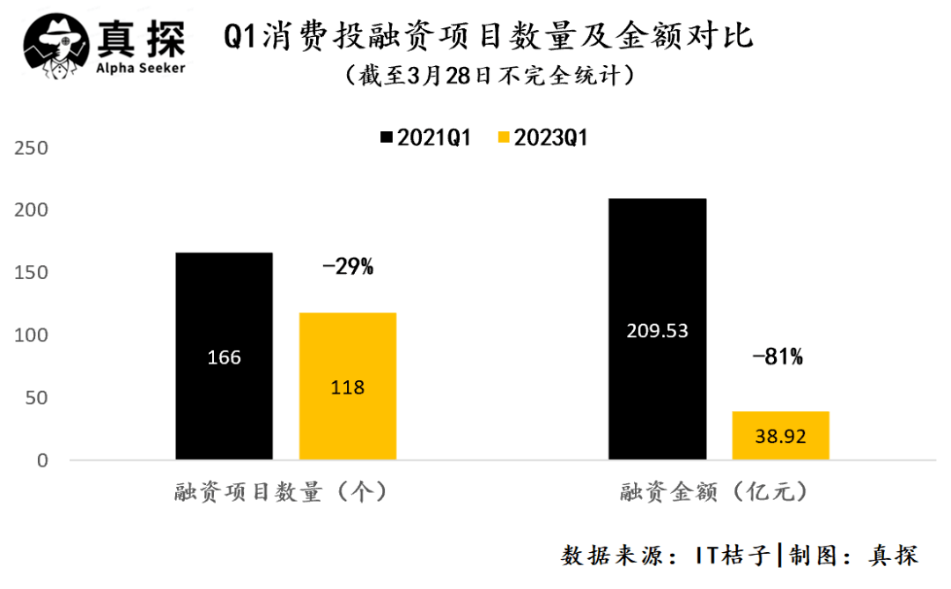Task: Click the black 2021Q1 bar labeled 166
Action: pyautogui.click(x=224, y=356)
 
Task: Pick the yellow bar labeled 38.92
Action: pyautogui.click(x=780, y=435)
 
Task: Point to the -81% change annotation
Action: pyautogui.click(x=778, y=357)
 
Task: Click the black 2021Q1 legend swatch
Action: pyautogui.click(x=385, y=138)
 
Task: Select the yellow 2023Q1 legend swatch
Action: pyautogui.click(x=504, y=138)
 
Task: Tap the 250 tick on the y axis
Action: pyautogui.click(x=31, y=148)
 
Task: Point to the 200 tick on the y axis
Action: pyautogui.click(x=31, y=210)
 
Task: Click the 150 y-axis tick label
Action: pyautogui.click(x=31, y=273)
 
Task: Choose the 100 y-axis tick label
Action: pyautogui.click(x=31, y=335)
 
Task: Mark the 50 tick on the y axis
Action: pyautogui.click(x=36, y=398)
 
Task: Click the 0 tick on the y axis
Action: pyautogui.click(x=41, y=460)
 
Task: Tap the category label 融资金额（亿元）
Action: pyautogui.click(x=713, y=492)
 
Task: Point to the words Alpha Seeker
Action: pyautogui.click(x=140, y=68)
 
